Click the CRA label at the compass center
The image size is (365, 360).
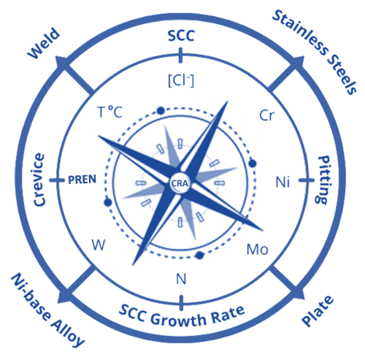point(180,183)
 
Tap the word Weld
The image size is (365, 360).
point(44,43)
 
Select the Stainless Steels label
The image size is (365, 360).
point(315,52)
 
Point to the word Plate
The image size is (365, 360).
point(318,310)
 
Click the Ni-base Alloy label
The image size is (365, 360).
point(47,310)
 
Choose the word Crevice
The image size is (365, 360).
point(39,180)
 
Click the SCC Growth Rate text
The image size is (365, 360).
point(182,315)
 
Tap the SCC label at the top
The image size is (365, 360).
point(181,36)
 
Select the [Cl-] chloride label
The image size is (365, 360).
point(181,80)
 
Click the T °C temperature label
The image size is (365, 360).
point(109,112)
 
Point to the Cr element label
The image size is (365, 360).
point(267,115)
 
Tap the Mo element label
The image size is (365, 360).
point(258,249)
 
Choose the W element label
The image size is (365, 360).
point(99,245)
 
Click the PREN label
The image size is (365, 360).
point(82,180)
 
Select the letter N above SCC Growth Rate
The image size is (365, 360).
point(181,279)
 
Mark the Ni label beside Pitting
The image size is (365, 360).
point(283,182)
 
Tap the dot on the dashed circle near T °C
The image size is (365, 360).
point(161,111)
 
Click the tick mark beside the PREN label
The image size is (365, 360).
point(56,180)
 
